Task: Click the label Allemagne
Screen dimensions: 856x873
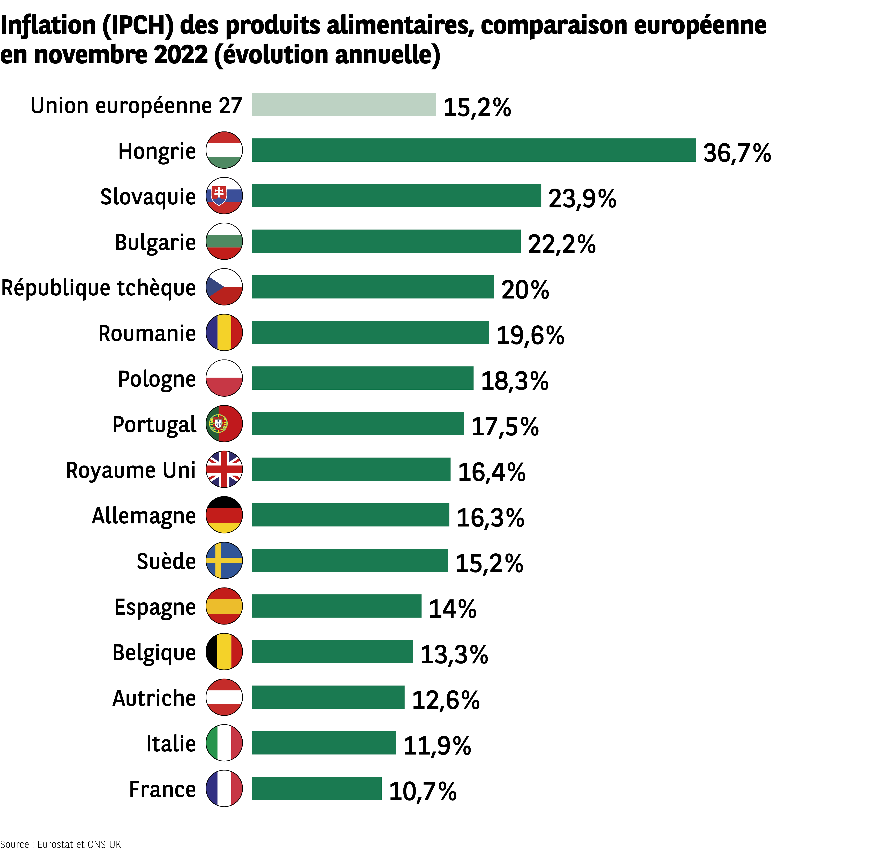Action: [x=144, y=515]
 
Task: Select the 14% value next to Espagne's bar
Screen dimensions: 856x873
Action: [x=452, y=609]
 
